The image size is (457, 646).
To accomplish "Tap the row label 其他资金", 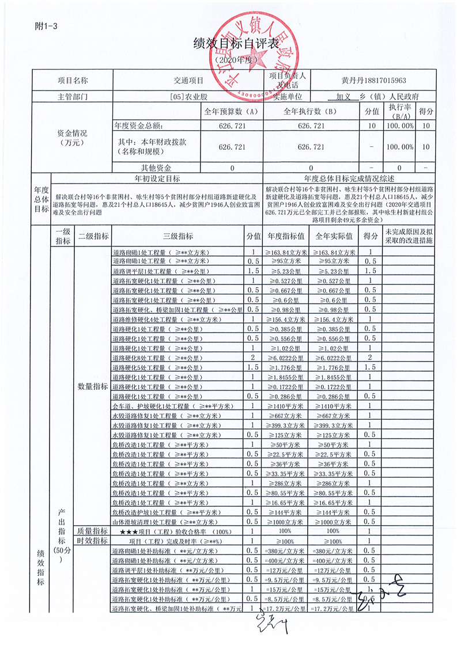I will click(152, 168).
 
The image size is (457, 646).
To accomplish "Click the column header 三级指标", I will click(178, 236).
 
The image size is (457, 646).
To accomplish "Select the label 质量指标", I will click(93, 531).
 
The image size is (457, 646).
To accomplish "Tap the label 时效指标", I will click(93, 541).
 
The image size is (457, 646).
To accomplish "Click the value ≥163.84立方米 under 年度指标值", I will click(286, 252).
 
